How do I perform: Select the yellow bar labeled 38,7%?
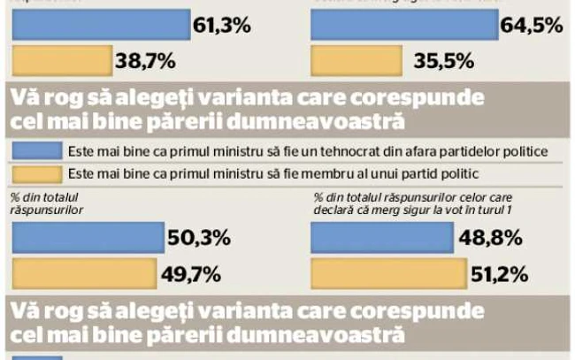point(62,62)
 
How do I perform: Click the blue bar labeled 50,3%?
point(86,237)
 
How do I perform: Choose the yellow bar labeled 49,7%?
point(85,272)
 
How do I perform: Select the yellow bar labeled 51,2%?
point(377,272)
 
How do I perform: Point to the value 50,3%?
point(200,238)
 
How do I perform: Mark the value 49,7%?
point(198,273)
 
